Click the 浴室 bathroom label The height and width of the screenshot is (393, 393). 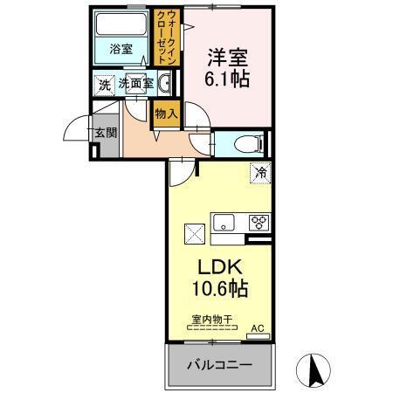121,50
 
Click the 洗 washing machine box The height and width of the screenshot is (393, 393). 104,84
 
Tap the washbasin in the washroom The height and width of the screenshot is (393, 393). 165,84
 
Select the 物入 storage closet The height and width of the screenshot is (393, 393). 166,113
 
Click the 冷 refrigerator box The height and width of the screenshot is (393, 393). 258,173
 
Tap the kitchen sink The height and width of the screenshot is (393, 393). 224,221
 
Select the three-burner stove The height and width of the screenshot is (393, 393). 257,222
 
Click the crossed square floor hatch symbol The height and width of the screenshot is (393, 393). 194,233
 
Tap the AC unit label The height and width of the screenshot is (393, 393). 258,328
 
